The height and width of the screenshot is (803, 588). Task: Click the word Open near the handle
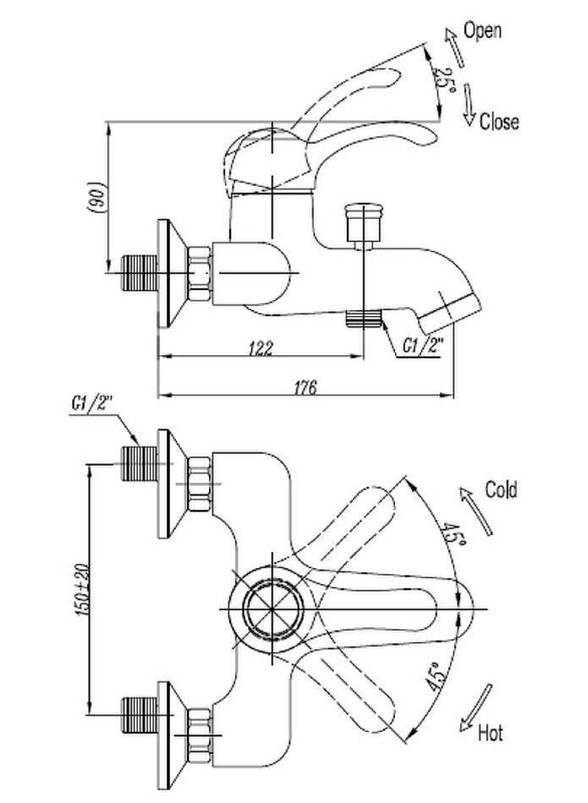pos(483,30)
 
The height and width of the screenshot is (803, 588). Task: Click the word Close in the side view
pos(499,122)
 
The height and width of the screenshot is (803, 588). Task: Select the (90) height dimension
pos(99,199)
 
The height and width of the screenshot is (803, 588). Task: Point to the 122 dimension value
pos(261,348)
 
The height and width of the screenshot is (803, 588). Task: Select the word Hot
pos(490,731)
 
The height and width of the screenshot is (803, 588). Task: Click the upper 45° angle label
pos(451,533)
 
